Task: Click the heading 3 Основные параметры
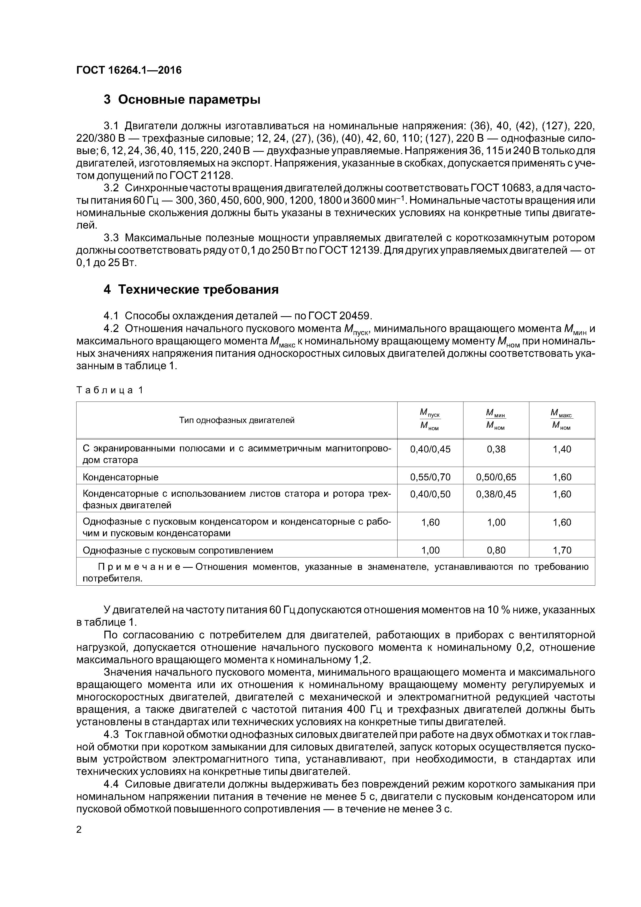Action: (182, 100)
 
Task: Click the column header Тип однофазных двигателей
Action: (236, 420)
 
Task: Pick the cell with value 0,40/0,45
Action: (430, 449)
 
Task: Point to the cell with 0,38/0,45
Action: (496, 494)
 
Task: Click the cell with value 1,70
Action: (562, 550)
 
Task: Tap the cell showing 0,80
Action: (496, 550)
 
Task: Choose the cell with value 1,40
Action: (562, 449)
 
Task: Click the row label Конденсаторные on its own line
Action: (120, 477)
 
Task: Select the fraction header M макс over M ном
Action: (562, 420)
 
